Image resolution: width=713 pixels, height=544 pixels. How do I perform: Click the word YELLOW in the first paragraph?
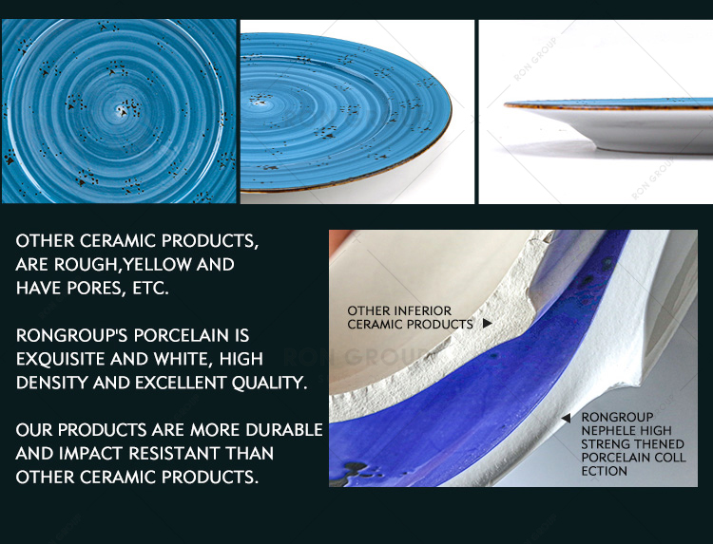pos(157,264)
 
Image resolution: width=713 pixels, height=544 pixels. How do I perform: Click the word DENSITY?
pos(52,383)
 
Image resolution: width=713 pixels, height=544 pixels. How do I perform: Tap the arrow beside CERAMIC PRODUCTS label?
pos(487,324)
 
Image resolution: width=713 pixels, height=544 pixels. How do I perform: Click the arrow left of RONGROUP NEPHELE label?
pos(566,419)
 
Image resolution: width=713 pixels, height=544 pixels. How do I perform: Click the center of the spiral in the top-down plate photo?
pos(122,110)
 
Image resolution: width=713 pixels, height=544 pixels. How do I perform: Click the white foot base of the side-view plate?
pos(655,146)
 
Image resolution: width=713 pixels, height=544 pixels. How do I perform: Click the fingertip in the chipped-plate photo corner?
pos(338,238)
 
